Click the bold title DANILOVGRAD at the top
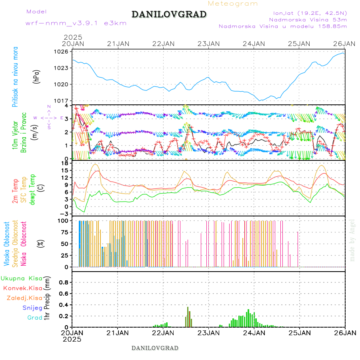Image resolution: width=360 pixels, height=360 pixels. click(x=169, y=14)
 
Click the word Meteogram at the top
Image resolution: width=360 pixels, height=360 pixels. click(x=233, y=4)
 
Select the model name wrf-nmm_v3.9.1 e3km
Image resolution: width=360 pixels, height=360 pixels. click(x=76, y=23)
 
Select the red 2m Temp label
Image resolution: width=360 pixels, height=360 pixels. click(x=15, y=191)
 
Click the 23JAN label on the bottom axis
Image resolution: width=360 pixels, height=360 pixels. click(x=208, y=333)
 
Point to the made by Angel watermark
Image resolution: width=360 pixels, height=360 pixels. click(x=352, y=240)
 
